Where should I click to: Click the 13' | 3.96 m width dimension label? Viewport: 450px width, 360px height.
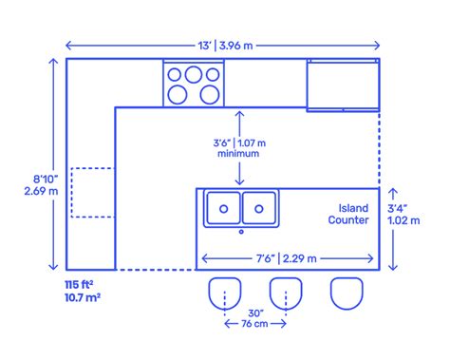[x=223, y=45]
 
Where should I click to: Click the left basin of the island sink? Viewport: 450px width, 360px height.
[x=223, y=206]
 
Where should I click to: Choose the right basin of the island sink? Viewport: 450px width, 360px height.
[x=258, y=206]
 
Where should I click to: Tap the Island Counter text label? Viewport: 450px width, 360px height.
[x=348, y=214]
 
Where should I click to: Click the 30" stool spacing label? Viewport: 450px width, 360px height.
[x=253, y=313]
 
